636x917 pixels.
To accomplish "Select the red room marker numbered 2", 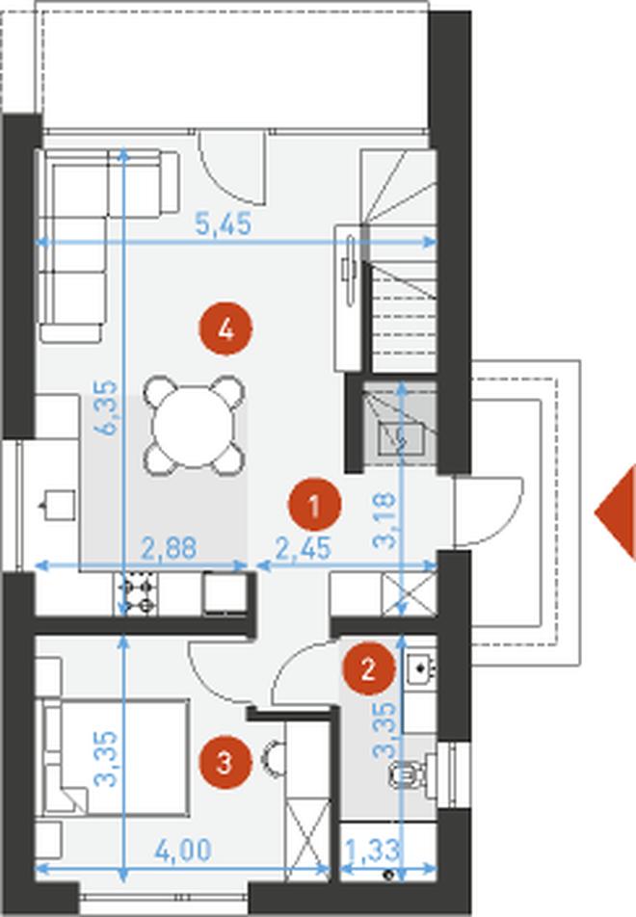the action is coord(368,668).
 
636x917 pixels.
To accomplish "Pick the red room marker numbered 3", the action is coord(225,763).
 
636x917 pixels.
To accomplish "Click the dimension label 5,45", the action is coord(224,224).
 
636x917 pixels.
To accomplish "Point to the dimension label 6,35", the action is coord(108,407).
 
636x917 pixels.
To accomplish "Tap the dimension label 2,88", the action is coord(169,549).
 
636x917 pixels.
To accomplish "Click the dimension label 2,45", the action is coord(304,549).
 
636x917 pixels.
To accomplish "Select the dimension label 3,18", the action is coord(385,520).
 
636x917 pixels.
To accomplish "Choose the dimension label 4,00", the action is coord(182,851).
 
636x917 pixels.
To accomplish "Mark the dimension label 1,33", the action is coord(372,851).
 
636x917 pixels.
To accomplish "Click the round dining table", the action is coord(194,426).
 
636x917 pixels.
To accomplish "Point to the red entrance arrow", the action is coord(616,512).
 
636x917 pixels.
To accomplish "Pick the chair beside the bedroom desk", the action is coord(274,759).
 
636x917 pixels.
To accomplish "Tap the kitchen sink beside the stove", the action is coord(225,593).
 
